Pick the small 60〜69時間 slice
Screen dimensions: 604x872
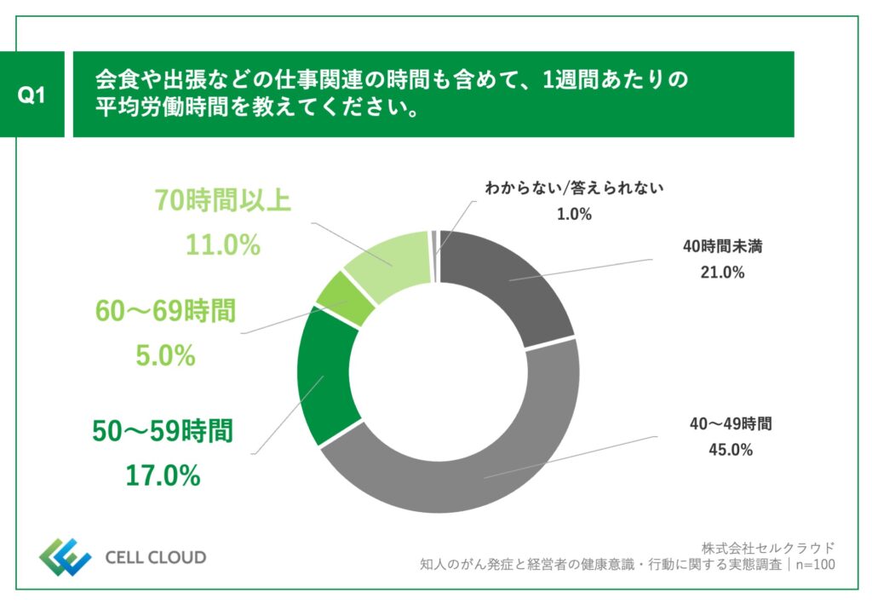[345, 298]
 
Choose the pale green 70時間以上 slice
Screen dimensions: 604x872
[392, 260]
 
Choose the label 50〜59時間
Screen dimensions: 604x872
[162, 431]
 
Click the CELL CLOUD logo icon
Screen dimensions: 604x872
[65, 557]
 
